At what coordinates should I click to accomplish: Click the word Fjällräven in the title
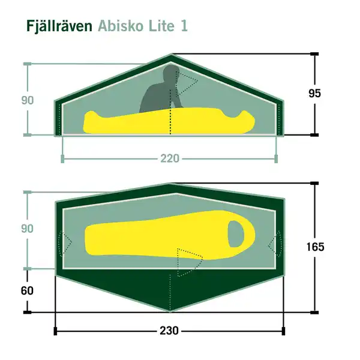click(59, 27)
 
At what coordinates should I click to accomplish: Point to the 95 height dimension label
click(314, 93)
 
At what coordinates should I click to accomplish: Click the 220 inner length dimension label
click(170, 159)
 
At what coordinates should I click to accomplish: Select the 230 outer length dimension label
click(170, 331)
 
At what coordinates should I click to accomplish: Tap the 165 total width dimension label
click(314, 247)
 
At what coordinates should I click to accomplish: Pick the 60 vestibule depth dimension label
click(26, 291)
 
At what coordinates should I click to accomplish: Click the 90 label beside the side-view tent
click(28, 100)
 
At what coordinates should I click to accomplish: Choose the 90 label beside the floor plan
click(28, 229)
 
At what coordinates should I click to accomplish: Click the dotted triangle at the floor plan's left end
click(64, 243)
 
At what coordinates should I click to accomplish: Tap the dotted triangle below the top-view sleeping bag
click(188, 259)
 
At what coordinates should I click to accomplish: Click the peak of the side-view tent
click(170, 56)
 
